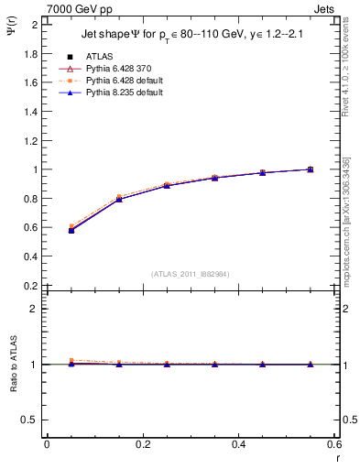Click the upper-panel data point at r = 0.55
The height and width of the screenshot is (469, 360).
(x=310, y=169)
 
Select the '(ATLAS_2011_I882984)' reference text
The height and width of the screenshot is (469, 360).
(x=191, y=274)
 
